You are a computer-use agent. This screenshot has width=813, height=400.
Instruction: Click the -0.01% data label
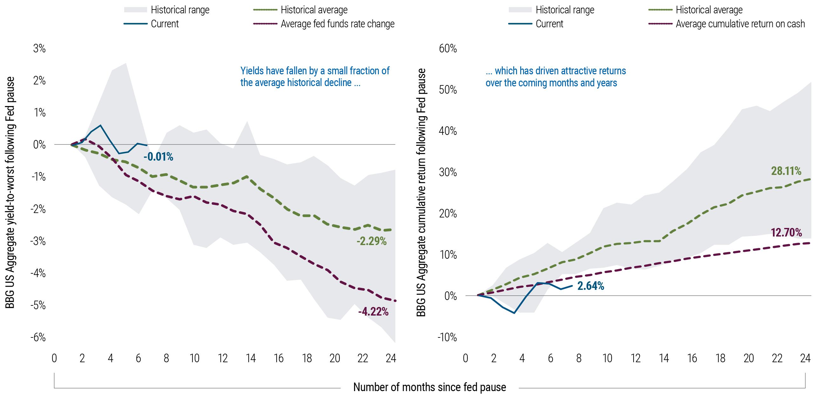158,157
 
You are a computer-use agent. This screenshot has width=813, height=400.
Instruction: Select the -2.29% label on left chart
371,241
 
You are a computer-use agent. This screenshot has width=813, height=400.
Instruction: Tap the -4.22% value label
373,311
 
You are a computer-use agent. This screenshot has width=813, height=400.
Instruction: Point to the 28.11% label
786,171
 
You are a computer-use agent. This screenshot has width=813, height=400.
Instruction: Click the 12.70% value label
786,233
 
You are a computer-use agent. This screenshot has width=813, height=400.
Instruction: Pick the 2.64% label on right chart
590,286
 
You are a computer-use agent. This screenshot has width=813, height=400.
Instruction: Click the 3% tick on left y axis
39,49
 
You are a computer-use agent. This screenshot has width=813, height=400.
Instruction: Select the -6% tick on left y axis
38,337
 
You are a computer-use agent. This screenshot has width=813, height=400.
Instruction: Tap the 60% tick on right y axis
448,49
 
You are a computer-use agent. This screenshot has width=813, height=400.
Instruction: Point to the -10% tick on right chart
447,337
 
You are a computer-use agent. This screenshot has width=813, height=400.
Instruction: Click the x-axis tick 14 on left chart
251,358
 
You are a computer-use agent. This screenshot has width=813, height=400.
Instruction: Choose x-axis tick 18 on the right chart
720,358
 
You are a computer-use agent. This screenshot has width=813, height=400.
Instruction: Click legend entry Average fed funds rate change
337,24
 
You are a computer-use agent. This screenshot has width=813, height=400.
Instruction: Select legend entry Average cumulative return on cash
740,24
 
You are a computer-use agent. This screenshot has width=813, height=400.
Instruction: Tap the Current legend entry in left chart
165,24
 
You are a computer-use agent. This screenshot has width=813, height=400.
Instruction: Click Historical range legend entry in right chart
565,10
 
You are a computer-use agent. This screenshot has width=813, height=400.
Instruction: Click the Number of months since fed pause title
429,387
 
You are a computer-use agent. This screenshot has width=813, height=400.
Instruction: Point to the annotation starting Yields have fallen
314,77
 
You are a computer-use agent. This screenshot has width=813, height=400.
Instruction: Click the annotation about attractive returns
555,77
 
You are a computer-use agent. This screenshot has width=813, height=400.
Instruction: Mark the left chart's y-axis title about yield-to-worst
10,192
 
